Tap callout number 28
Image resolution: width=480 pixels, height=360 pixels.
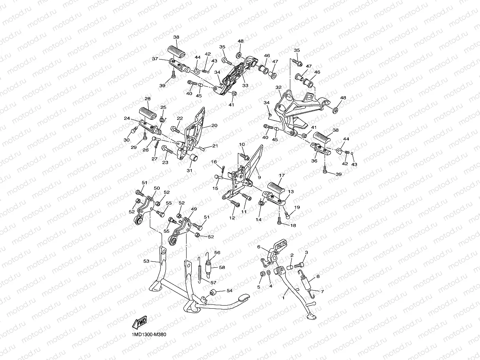(x=147, y=99)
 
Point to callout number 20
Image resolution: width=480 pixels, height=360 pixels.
(x=215, y=125)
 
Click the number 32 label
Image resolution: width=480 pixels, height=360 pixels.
(x=278, y=87)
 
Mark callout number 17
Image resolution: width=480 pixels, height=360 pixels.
(x=282, y=175)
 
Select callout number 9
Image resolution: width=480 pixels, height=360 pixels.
(x=259, y=177)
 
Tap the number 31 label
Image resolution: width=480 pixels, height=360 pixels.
(x=189, y=171)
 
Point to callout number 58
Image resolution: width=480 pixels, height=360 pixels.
(x=222, y=267)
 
